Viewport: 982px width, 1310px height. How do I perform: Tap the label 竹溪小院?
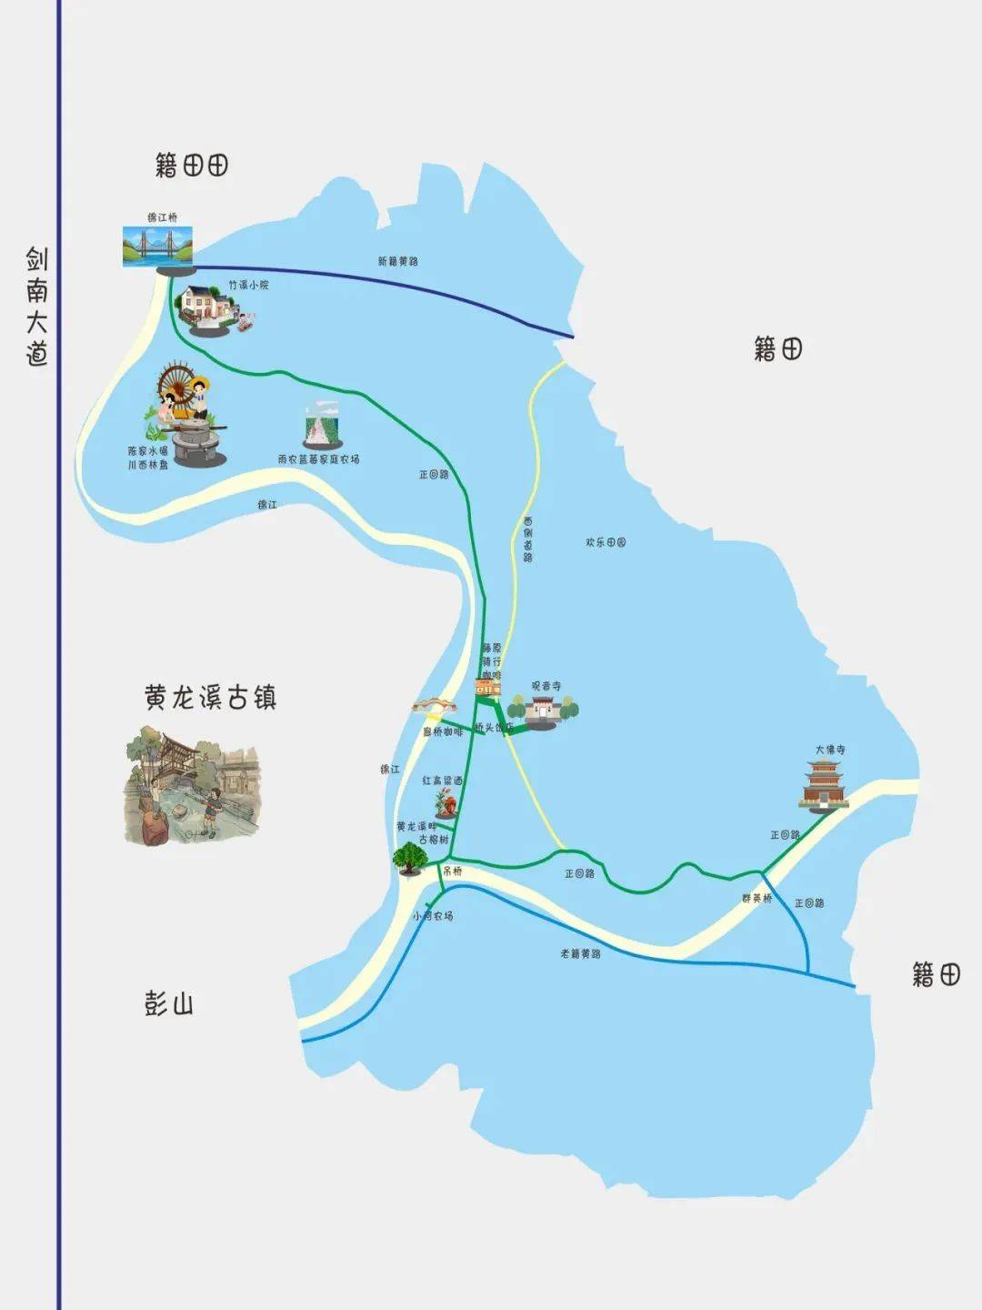(248, 285)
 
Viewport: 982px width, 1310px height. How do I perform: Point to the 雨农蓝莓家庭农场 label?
(318, 459)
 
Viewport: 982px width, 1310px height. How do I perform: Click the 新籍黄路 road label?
(398, 261)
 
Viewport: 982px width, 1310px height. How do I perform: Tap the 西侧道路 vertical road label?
(528, 540)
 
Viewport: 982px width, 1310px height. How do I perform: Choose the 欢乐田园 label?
(606, 542)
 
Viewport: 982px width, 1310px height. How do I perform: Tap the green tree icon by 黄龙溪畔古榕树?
(411, 858)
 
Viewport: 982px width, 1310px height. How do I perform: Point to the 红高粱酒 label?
(442, 781)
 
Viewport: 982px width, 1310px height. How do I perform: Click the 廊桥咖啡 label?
(443, 731)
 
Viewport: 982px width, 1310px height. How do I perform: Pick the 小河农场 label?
(432, 916)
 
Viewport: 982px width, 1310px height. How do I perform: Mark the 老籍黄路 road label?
(580, 953)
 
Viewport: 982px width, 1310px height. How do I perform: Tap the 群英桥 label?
(757, 898)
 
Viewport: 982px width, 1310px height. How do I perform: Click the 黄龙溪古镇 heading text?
(210, 698)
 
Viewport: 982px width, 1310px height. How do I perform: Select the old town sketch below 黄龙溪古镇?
(192, 783)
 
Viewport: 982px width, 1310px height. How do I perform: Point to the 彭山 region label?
(169, 1004)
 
